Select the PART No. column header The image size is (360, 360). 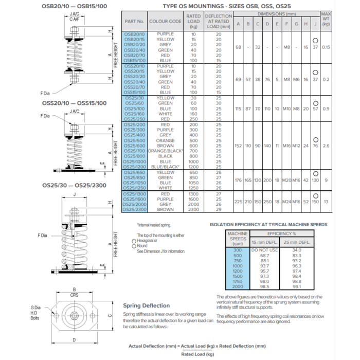[134, 22]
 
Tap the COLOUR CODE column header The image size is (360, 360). [165, 22]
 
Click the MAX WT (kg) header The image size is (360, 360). [326, 19]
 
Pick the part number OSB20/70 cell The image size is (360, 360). [135, 56]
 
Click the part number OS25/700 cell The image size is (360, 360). [135, 151]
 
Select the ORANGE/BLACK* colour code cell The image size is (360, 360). [166, 151]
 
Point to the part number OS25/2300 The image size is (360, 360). [135, 209]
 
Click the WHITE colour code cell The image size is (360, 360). [166, 188]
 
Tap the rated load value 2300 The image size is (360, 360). [193, 209]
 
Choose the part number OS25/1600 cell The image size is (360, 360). [135, 199]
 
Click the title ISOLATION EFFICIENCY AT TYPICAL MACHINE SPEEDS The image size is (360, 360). [268, 225]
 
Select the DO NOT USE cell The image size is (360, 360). [264, 250]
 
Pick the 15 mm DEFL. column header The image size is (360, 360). [264, 242]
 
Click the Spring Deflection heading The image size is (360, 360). [146, 305]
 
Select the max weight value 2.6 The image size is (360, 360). [326, 146]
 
